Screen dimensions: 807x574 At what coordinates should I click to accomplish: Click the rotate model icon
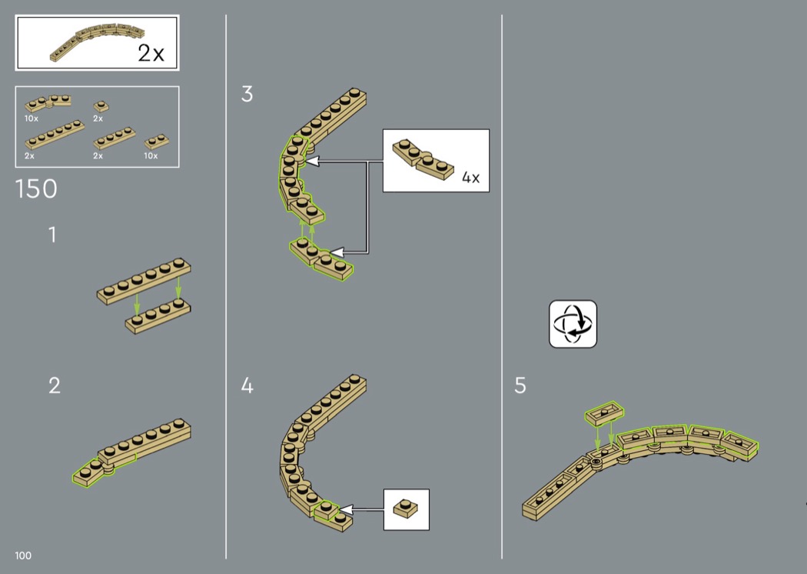coord(573,324)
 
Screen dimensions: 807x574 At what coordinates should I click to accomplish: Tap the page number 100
coord(23,556)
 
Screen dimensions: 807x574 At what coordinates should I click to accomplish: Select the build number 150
coord(36,189)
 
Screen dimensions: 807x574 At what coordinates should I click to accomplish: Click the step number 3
coord(247,95)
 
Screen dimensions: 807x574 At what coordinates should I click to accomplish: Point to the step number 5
coord(520,385)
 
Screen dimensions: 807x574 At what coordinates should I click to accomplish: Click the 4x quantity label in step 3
coord(470,178)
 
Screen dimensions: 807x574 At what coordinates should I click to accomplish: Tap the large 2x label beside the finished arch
coord(151,53)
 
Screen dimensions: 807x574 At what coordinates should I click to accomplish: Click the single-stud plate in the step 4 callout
coord(406,508)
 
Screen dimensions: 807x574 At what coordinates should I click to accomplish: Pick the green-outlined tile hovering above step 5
coord(604,413)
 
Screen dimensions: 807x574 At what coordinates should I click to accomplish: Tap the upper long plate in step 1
coord(144,282)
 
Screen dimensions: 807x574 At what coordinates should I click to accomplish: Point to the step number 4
coord(247,385)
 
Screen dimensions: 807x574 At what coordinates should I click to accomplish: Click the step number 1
coord(52,235)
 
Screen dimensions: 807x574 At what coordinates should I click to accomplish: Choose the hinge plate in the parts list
coord(48,102)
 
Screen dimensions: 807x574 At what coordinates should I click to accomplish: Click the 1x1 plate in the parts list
coord(101,106)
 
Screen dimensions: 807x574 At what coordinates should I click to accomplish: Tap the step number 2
coord(55,385)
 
